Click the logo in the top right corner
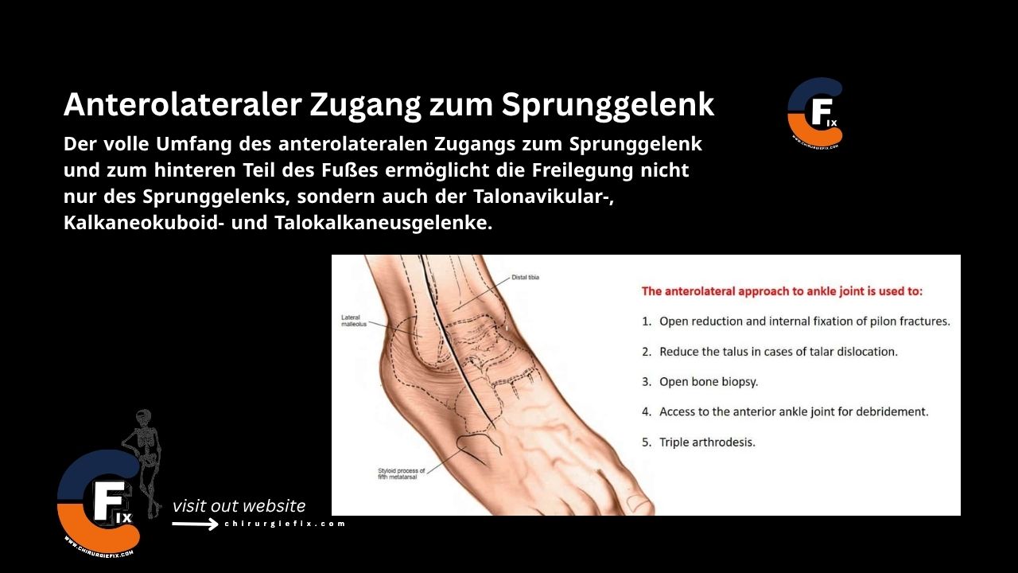[x=814, y=113]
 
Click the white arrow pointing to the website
[x=196, y=524]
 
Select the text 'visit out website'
[x=239, y=505]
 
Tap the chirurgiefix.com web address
[x=285, y=524]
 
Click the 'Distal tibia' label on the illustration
[x=526, y=278]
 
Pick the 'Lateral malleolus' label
[x=351, y=321]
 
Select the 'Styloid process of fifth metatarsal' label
[x=401, y=474]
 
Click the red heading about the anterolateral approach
[x=782, y=291]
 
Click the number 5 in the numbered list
[x=647, y=442]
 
